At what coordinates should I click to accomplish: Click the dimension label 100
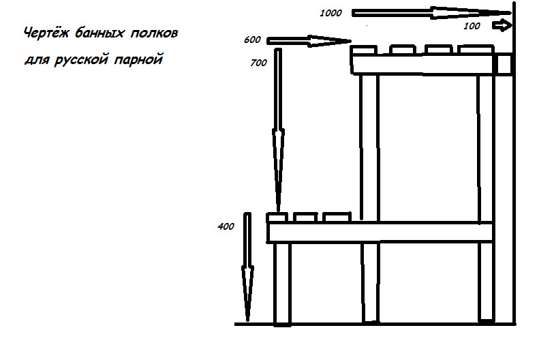click(472, 25)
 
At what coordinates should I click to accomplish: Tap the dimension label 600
click(252, 40)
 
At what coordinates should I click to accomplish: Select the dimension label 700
click(259, 62)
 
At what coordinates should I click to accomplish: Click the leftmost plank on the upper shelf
click(364, 50)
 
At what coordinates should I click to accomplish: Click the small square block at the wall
click(505, 64)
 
